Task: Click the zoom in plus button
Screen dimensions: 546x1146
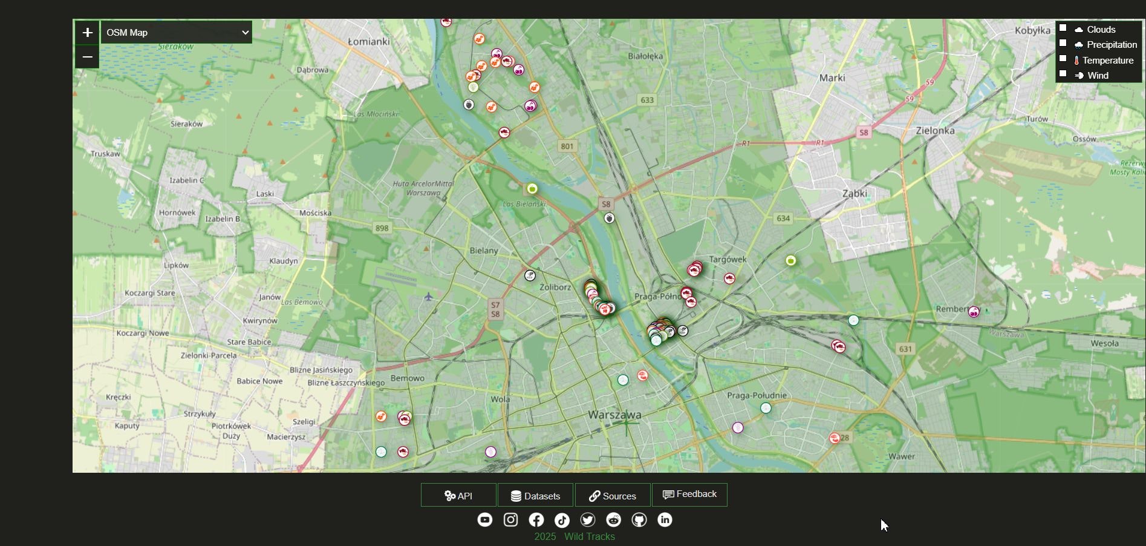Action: tap(87, 32)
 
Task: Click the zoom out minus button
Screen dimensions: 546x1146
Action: tap(87, 57)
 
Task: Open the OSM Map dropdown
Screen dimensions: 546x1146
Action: tap(176, 32)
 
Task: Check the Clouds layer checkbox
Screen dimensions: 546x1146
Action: tap(1063, 28)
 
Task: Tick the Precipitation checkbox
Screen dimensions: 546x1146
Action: tap(1063, 43)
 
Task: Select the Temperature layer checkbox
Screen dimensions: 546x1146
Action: tap(1063, 59)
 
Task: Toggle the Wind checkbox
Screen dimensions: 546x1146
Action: tap(1063, 74)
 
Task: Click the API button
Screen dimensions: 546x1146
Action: tap(458, 495)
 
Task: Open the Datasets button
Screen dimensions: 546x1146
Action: tap(535, 495)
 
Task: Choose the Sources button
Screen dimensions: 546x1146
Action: tap(613, 495)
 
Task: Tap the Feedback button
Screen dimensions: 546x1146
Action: tap(689, 495)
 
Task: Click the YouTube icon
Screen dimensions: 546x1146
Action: tap(485, 520)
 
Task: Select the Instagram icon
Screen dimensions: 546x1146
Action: tap(510, 520)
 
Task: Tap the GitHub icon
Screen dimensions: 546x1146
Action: tap(639, 520)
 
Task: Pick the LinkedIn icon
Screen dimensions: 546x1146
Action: tap(665, 520)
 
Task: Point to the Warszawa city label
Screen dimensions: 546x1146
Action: tap(614, 415)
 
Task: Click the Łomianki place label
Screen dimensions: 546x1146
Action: tap(369, 42)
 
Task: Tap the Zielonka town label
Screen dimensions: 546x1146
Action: tap(935, 130)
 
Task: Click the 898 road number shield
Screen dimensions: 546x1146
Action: tap(382, 228)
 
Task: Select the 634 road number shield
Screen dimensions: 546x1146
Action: tap(783, 219)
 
